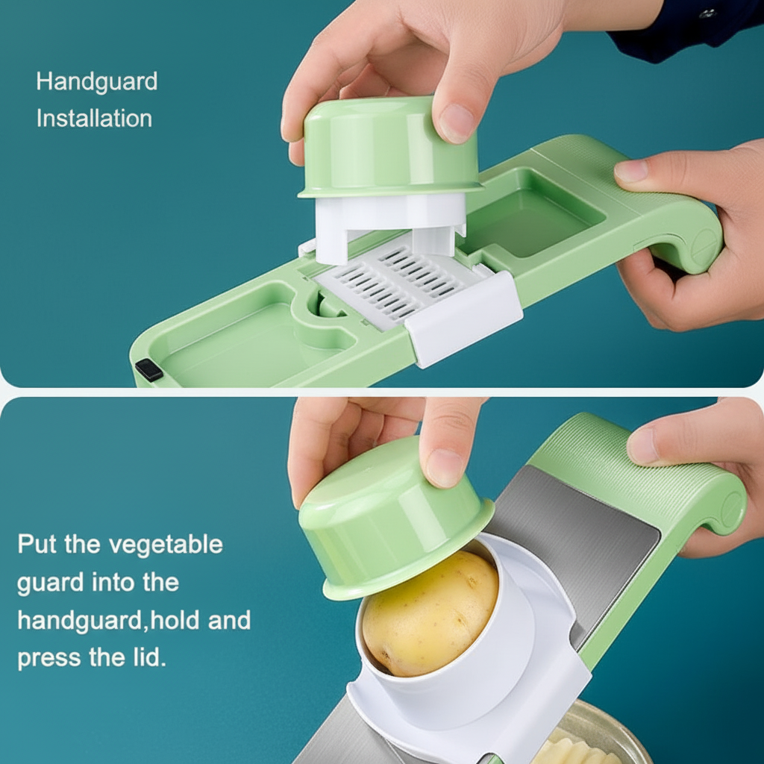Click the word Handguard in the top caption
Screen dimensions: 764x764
pos(97,81)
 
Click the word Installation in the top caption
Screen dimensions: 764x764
pos(94,119)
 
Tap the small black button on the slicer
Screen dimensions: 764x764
pos(148,369)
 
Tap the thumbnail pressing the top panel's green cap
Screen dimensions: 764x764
pos(456,122)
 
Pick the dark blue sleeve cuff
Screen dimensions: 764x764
pos(671,34)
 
